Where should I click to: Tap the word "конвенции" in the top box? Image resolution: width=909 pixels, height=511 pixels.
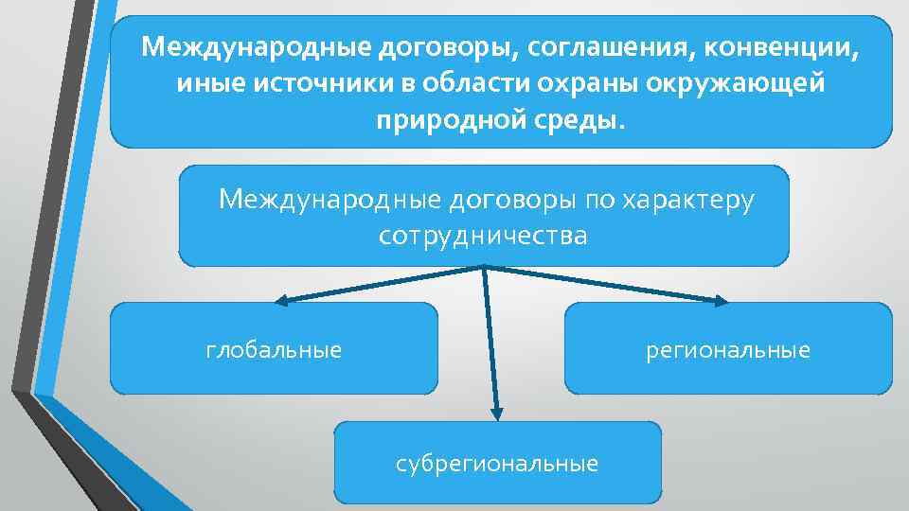click(789, 46)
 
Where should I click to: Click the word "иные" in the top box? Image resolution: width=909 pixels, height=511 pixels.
click(211, 83)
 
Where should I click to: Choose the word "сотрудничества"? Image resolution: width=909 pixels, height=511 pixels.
click(483, 236)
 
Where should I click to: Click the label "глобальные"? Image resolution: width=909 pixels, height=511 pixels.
click(274, 350)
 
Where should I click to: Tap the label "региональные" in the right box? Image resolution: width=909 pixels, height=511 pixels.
click(727, 350)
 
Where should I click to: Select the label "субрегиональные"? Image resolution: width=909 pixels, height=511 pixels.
click(497, 464)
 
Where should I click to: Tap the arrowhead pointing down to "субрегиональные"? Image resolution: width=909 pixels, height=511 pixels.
click(496, 413)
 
